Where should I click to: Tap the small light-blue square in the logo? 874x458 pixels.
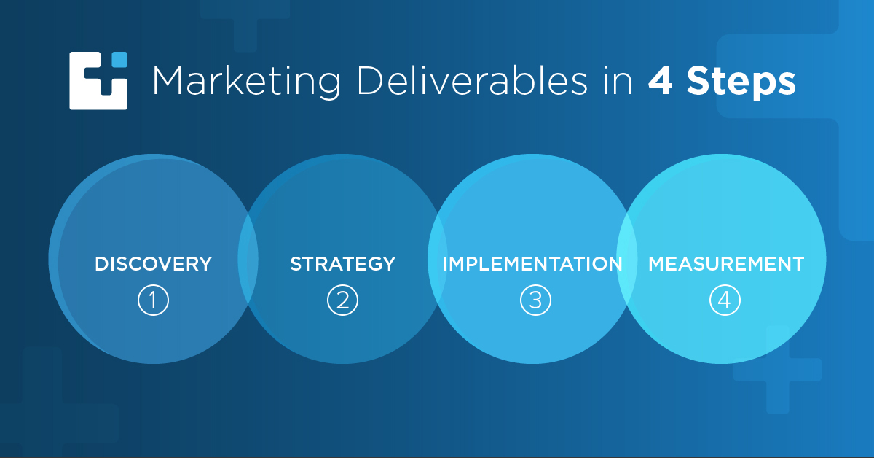pos(119,59)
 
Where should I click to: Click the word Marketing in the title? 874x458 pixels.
pos(247,81)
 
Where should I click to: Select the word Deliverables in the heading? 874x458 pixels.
pos(472,80)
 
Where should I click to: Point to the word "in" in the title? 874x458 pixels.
pos(618,81)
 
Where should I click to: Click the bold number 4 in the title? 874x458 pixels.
pos(660,81)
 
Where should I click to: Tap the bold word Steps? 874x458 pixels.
pos(741,82)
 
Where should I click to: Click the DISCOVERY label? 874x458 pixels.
pos(154,264)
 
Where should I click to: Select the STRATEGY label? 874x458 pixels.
pos(343,264)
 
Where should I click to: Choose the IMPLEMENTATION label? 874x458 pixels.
pos(532,264)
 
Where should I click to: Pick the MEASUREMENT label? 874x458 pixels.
pos(726,264)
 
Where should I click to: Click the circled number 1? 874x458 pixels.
pos(154,300)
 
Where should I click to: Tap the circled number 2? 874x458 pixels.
pos(342,300)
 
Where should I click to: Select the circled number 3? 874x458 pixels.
pos(536,300)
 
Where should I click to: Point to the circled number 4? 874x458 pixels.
pos(725,300)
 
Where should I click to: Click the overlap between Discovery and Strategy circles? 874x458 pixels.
pos(248,259)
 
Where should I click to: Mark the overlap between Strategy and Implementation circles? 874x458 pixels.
pos(438,259)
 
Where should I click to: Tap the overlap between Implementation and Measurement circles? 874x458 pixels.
pos(626,259)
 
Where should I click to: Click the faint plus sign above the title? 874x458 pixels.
pos(245,23)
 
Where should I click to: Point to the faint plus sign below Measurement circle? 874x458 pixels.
pos(778,370)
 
